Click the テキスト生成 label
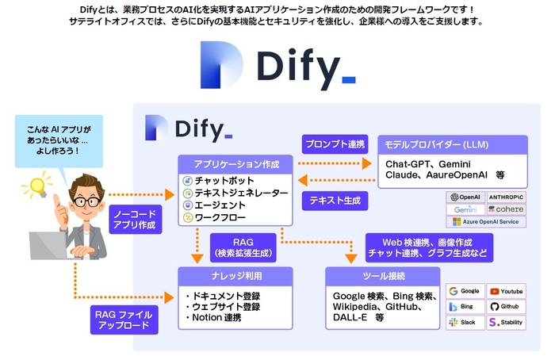click(334, 201)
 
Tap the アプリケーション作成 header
click(235, 163)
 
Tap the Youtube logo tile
click(506, 291)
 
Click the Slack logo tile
click(465, 322)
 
